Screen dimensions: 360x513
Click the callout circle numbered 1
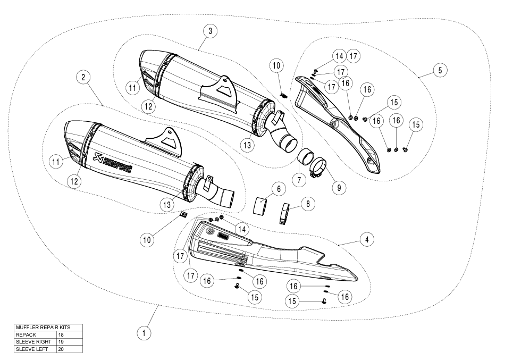(x=142, y=333)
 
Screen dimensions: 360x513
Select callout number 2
(x=83, y=77)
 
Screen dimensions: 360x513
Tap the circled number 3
(x=210, y=31)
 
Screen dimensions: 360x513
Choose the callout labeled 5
(x=440, y=70)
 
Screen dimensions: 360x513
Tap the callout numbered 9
(x=339, y=187)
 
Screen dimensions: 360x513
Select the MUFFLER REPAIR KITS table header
(x=48, y=327)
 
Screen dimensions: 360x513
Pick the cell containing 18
(x=69, y=334)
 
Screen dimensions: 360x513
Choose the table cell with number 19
(x=69, y=342)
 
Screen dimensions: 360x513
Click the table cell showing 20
(x=69, y=349)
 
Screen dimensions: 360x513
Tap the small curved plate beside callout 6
(x=260, y=205)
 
